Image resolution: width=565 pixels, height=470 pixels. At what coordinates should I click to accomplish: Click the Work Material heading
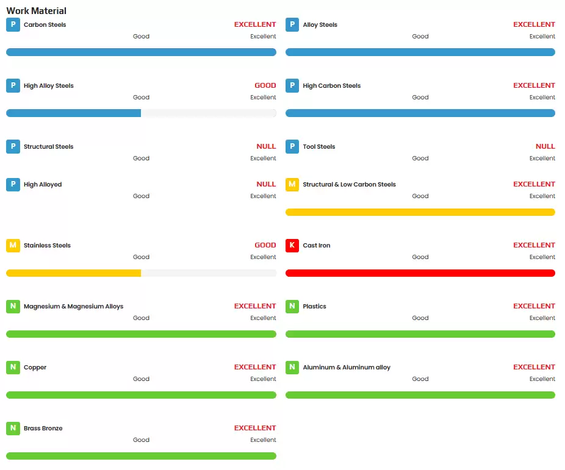(36, 11)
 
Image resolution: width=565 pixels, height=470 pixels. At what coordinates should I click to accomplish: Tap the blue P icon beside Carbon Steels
(13, 25)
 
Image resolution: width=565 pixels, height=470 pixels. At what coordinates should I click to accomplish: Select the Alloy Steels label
(320, 25)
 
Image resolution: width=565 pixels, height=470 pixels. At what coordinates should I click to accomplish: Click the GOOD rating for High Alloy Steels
(265, 85)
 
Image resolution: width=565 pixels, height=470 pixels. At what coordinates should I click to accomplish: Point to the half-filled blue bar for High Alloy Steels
(74, 113)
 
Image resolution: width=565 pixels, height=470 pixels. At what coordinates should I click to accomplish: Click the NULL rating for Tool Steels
(545, 146)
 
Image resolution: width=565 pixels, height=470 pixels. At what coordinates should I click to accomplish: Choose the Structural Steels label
(48, 147)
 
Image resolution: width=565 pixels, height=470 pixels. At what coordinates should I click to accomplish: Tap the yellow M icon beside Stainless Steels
(13, 246)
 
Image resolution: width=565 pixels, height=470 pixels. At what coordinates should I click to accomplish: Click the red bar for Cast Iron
(420, 273)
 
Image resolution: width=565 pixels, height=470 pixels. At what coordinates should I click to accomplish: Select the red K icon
(292, 246)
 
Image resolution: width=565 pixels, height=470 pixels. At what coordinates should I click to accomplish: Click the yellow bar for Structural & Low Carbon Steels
(420, 212)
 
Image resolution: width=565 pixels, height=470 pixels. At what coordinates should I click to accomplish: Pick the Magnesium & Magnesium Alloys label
(73, 307)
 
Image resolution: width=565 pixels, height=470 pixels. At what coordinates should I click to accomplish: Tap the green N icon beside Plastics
(292, 307)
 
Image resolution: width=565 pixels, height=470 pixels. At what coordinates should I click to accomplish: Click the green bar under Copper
(141, 395)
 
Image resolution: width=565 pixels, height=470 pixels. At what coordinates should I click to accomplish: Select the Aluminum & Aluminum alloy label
(346, 368)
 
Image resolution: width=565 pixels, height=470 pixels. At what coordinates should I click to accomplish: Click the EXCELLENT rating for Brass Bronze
(255, 428)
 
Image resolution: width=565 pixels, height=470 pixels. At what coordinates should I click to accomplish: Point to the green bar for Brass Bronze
(141, 456)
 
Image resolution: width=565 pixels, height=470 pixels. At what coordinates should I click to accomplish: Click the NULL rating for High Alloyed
(266, 184)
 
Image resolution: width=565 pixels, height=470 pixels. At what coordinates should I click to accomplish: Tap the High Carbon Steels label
(331, 86)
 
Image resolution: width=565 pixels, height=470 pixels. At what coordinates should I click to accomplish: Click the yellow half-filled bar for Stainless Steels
(74, 273)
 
